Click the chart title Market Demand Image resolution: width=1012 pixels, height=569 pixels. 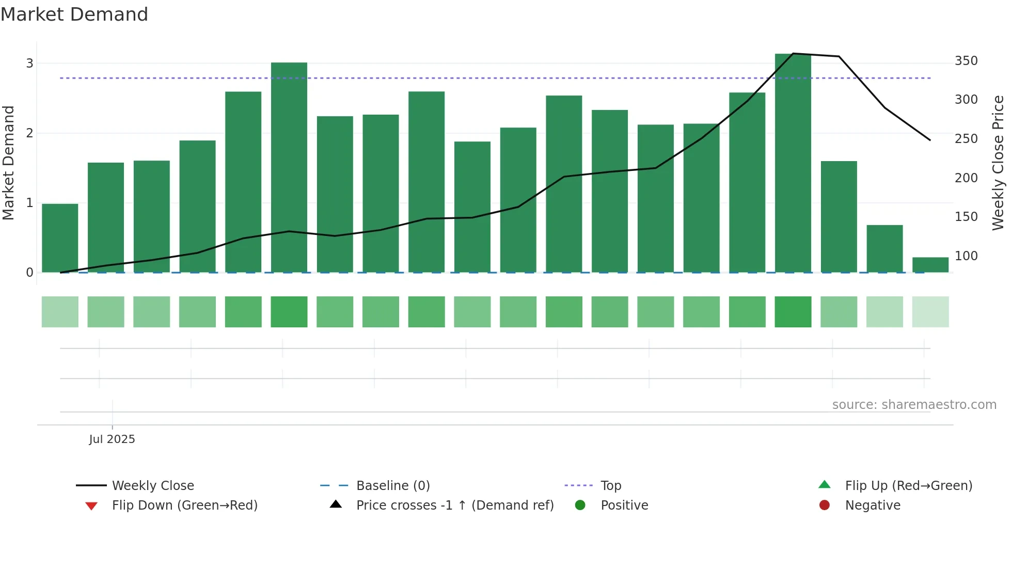click(74, 14)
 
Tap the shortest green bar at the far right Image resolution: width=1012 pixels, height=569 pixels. click(930, 264)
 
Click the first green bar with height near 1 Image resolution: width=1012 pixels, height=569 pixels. click(60, 238)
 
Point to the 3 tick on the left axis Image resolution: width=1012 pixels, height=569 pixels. click(30, 64)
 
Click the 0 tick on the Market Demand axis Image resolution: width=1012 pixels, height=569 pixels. click(30, 273)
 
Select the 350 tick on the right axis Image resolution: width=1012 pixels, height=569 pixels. click(966, 61)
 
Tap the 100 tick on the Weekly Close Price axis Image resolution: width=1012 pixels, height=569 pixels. click(966, 256)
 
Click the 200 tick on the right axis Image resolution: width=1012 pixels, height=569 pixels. click(966, 178)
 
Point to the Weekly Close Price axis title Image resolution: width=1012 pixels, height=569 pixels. click(998, 163)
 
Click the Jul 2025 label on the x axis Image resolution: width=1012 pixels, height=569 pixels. click(112, 439)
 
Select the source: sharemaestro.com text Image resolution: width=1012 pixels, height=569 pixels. click(914, 405)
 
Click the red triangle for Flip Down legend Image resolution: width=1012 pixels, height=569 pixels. click(91, 506)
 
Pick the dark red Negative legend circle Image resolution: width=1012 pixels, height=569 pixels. click(824, 505)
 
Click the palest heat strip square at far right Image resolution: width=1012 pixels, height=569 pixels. click(930, 312)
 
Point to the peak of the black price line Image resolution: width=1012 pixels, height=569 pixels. click(793, 53)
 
